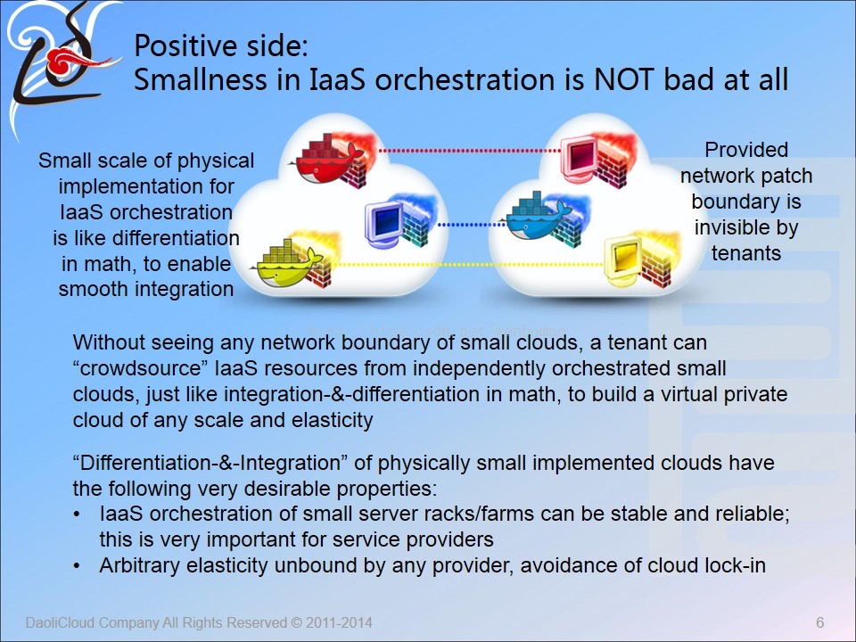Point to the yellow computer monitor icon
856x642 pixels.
click(623, 259)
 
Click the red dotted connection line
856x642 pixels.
click(470, 150)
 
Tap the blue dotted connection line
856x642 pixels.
click(473, 224)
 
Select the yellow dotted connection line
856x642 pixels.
click(471, 264)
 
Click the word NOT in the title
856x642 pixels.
click(623, 79)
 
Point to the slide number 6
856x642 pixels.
click(820, 622)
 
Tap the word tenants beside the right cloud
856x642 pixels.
click(745, 253)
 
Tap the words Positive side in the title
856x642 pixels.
click(221, 45)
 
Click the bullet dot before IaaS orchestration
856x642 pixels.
click(77, 514)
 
